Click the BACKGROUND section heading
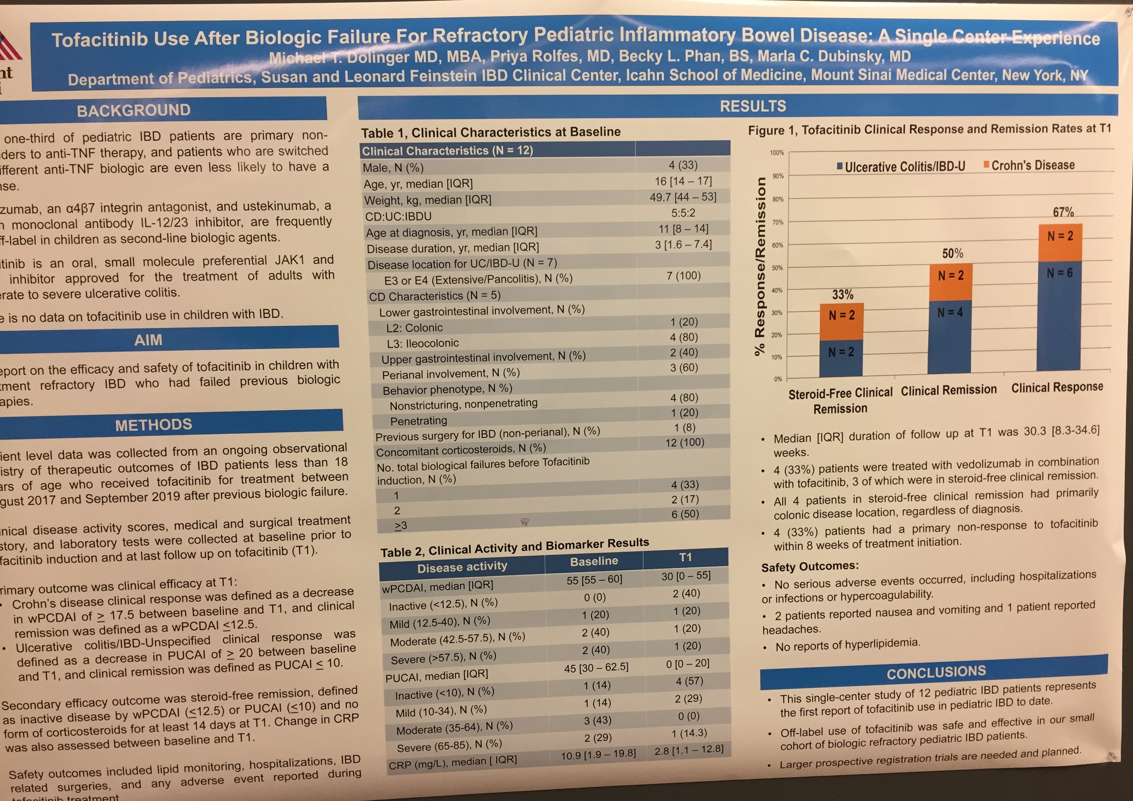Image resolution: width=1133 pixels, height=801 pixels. tap(133, 110)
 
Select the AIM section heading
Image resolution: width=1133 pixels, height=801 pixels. tap(148, 340)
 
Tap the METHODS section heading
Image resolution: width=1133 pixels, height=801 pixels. tap(154, 425)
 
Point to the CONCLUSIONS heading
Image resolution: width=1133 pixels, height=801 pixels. tap(936, 672)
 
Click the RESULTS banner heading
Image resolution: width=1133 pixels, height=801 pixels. tap(753, 106)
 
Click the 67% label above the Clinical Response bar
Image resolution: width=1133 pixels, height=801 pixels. tap(1063, 212)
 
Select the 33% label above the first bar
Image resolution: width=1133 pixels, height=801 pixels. tap(842, 295)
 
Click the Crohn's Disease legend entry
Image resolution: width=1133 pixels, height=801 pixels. tap(1029, 165)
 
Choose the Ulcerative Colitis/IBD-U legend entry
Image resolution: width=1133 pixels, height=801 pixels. tap(901, 167)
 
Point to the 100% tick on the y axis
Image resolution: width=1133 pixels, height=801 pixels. tap(777, 153)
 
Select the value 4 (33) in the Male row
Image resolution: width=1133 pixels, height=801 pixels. tap(683, 165)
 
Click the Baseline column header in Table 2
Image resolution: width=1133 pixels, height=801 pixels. tap(594, 562)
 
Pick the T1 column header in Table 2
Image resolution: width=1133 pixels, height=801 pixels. tap(685, 558)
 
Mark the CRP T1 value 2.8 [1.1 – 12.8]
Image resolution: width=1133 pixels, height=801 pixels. tap(689, 750)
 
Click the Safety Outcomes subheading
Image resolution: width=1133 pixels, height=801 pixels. tap(810, 567)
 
